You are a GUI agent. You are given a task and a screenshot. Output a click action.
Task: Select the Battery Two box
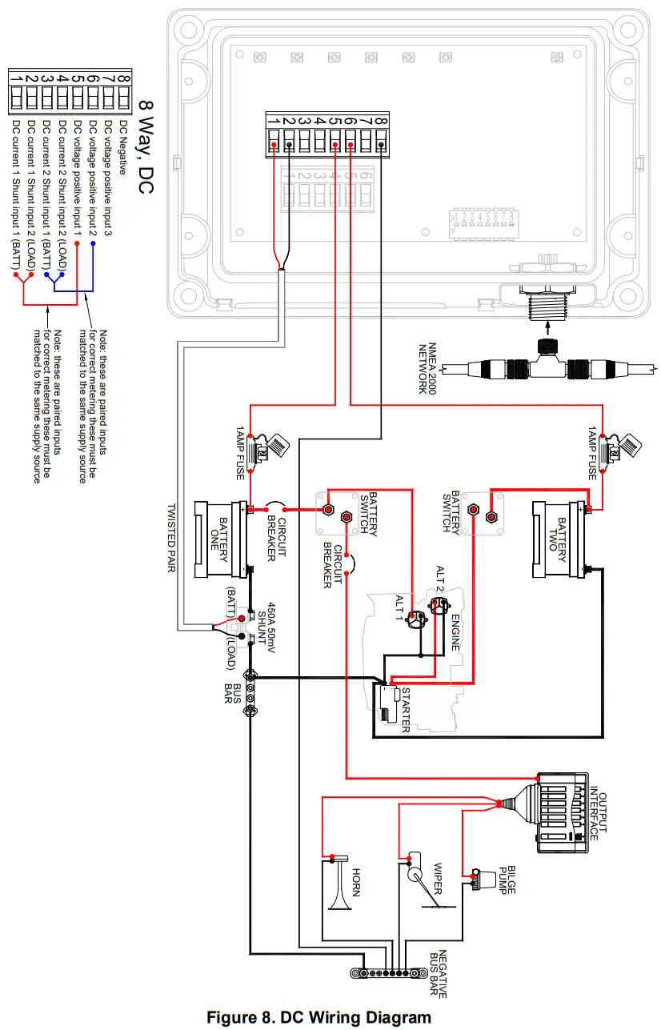pyautogui.click(x=559, y=538)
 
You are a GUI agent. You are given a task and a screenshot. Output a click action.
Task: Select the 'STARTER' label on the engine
pyautogui.click(x=405, y=709)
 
